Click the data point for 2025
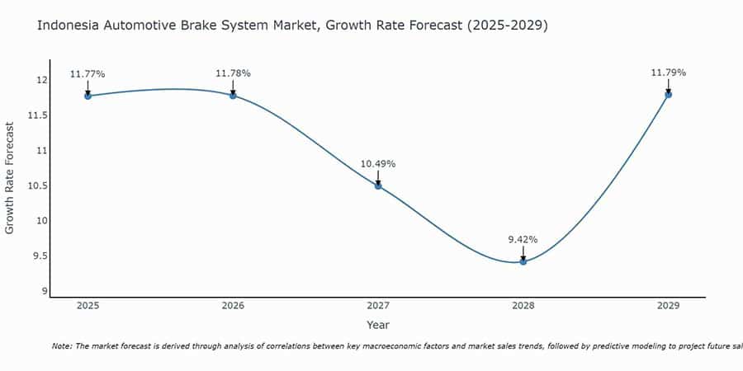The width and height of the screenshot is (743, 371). click(x=88, y=96)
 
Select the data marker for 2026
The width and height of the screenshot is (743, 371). click(x=233, y=96)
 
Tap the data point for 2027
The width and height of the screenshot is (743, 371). click(x=378, y=185)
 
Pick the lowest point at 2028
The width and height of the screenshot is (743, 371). click(x=523, y=261)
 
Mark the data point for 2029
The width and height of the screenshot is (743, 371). click(x=668, y=94)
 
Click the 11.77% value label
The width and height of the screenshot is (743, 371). click(x=88, y=74)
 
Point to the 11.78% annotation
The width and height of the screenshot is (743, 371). click(x=233, y=74)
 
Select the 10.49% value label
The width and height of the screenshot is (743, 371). click(x=378, y=164)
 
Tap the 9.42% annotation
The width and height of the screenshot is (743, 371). click(x=523, y=239)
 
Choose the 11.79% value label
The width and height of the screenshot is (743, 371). click(x=668, y=73)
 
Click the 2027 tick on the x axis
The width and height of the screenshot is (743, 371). click(x=378, y=306)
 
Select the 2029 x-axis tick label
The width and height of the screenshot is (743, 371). click(x=668, y=306)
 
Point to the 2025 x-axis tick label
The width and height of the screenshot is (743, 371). click(x=88, y=306)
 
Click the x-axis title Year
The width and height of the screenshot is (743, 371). click(x=378, y=326)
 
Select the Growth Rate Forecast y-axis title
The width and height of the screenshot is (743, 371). click(x=10, y=178)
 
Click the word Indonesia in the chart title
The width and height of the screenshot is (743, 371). click(x=69, y=26)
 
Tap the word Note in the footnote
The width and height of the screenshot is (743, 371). click(x=62, y=347)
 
